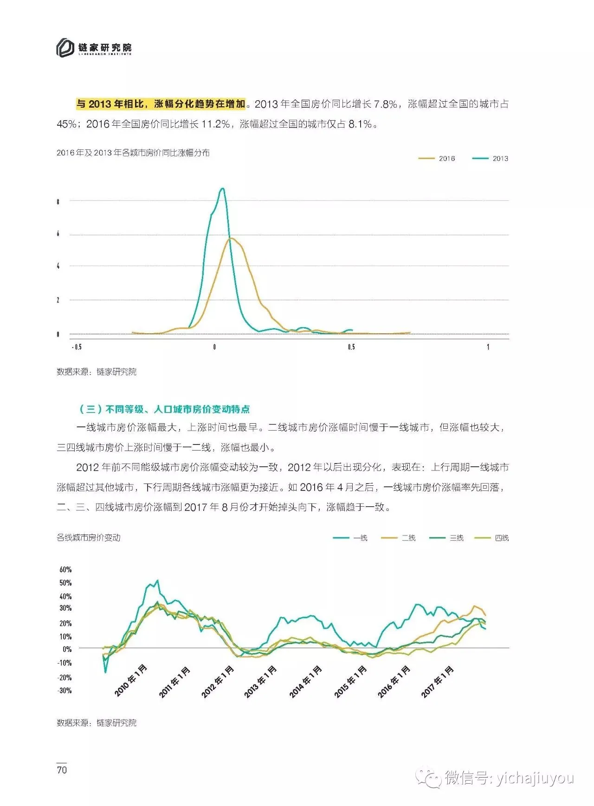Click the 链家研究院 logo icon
point(65,48)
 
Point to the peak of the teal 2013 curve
point(223,188)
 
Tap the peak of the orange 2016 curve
point(231,238)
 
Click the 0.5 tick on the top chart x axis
point(351,347)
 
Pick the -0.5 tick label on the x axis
point(77,347)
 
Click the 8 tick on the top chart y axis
point(58,202)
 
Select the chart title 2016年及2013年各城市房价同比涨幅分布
point(133,153)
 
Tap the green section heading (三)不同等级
point(165,409)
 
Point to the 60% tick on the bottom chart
point(65,569)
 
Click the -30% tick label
point(65,690)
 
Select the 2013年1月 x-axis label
point(260,682)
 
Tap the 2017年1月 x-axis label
point(437,682)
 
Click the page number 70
point(62,770)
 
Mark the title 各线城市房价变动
point(89,538)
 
